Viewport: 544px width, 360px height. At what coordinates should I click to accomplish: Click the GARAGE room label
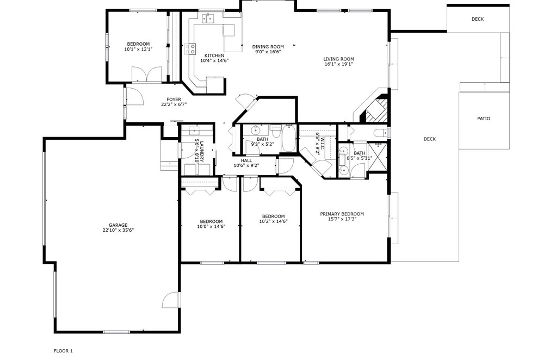point(118,225)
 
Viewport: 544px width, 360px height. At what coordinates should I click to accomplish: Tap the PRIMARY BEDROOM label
point(342,214)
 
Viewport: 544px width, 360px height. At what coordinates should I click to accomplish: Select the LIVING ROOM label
point(338,59)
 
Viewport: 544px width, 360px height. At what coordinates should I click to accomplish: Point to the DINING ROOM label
point(268,47)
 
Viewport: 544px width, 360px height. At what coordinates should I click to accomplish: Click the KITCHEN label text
point(214,55)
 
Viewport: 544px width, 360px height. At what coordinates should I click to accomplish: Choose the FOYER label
point(174,100)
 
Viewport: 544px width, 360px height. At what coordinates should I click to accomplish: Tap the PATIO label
point(484,119)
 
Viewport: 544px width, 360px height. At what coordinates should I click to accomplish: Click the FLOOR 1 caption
point(63,351)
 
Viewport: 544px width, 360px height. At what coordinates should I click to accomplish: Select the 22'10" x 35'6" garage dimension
point(118,230)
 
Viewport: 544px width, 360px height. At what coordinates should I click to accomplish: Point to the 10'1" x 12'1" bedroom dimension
point(138,49)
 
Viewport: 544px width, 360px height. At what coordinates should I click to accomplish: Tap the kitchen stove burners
point(190,49)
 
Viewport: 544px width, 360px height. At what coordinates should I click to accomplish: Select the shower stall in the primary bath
point(377,156)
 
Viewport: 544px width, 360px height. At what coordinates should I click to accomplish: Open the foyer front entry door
point(134,96)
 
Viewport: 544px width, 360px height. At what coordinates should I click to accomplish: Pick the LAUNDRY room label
point(199,151)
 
